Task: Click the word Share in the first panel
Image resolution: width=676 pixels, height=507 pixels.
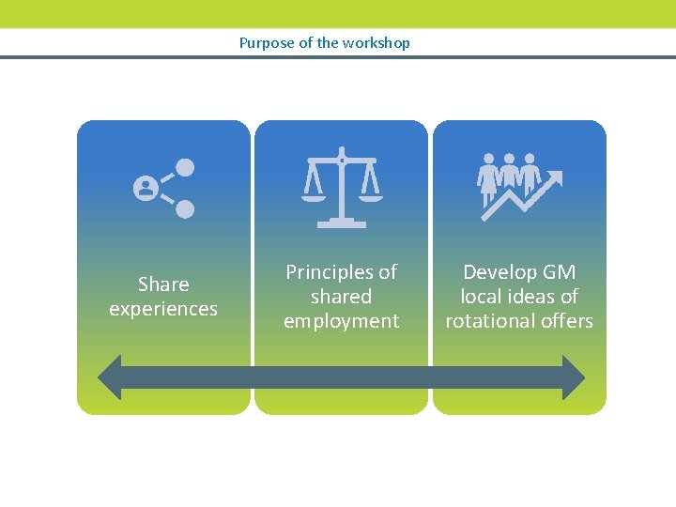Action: click(163, 284)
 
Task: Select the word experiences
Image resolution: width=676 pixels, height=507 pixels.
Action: click(163, 309)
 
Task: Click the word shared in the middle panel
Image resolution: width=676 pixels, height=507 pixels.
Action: click(342, 297)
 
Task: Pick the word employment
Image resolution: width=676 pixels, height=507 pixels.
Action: click(342, 321)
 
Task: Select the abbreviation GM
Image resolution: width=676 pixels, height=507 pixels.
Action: click(560, 272)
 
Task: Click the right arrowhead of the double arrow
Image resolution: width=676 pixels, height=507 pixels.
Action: click(572, 377)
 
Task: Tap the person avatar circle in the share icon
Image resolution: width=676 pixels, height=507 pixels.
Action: click(146, 189)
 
